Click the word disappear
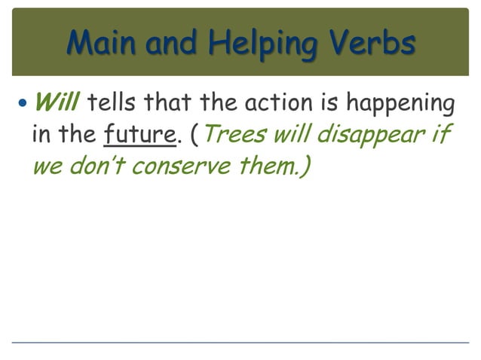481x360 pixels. click(x=370, y=135)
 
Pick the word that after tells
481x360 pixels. click(x=173, y=102)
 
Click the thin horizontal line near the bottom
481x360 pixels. click(x=240, y=343)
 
